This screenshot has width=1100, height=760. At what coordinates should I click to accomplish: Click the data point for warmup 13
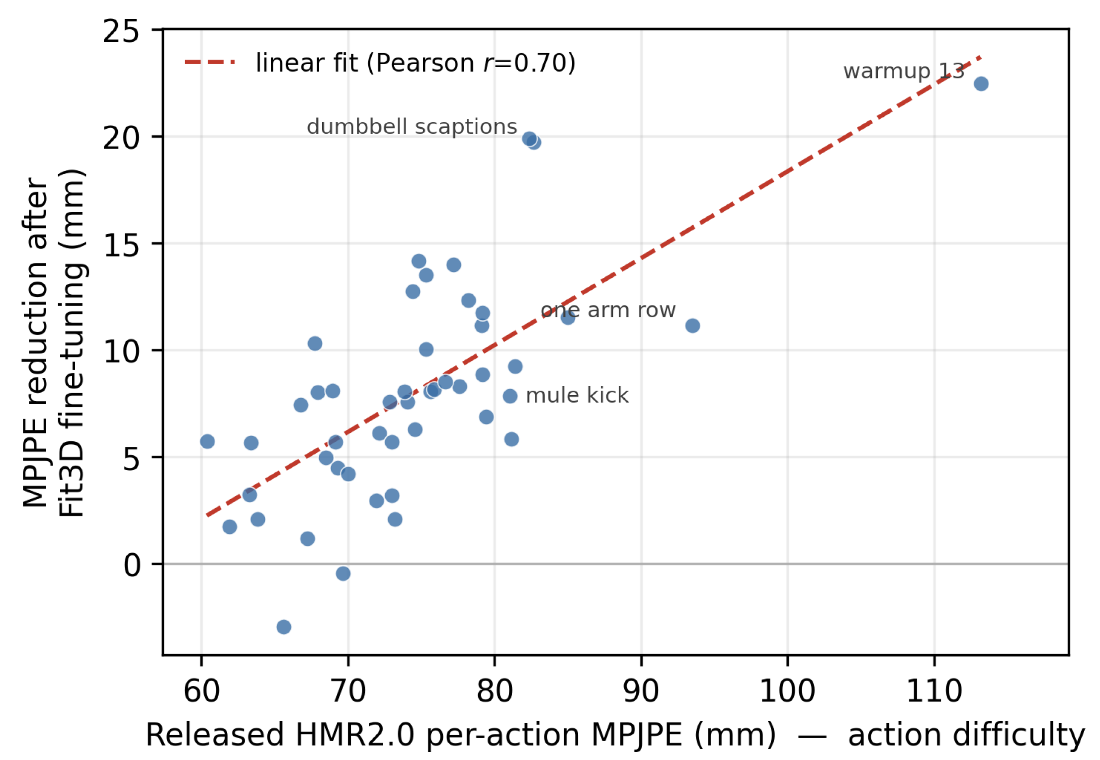tap(981, 84)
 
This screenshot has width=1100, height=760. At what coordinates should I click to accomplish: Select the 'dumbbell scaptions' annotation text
tap(412, 127)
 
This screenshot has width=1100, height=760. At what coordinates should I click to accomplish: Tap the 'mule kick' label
tap(577, 396)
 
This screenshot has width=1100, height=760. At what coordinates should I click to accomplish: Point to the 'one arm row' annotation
tap(608, 310)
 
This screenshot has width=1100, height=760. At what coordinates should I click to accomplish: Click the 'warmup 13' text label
tap(904, 71)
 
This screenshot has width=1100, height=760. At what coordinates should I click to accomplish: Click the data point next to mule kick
tap(510, 396)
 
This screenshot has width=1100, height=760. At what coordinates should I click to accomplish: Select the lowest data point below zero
tap(284, 627)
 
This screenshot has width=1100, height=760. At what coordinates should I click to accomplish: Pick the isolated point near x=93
tap(692, 326)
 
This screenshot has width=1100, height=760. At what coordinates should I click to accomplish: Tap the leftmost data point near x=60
tap(207, 441)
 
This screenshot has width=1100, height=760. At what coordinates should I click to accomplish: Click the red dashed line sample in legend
tap(210, 63)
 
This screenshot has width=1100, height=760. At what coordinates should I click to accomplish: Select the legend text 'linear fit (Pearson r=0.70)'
tap(416, 63)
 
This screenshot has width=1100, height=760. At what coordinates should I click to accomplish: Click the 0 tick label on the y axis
tap(132, 565)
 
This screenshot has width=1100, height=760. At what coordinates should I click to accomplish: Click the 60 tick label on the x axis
tap(202, 690)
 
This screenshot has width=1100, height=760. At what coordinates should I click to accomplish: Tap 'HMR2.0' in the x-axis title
tap(354, 735)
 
